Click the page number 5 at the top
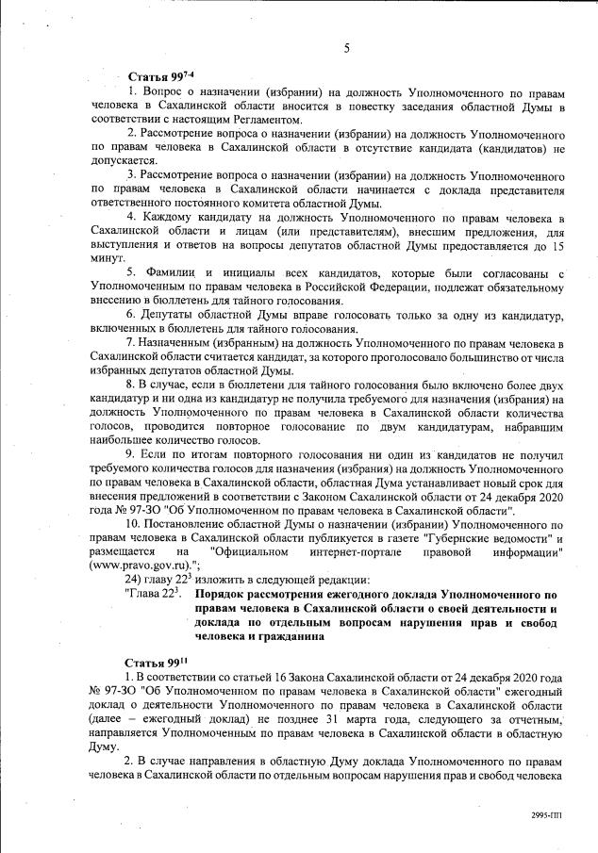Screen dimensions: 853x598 (347, 48)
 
